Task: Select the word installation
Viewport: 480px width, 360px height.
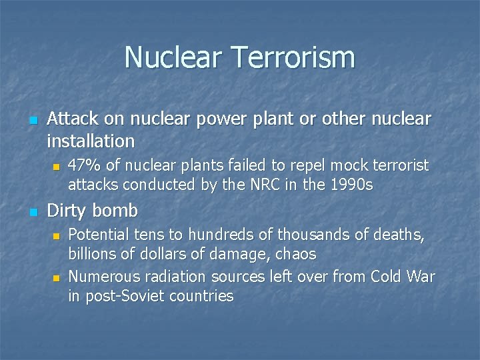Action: (x=91, y=141)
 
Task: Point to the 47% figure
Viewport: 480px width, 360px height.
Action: (x=83, y=165)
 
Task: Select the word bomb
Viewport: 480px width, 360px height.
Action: (x=115, y=211)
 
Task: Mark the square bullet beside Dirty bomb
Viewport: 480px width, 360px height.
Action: (x=33, y=212)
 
